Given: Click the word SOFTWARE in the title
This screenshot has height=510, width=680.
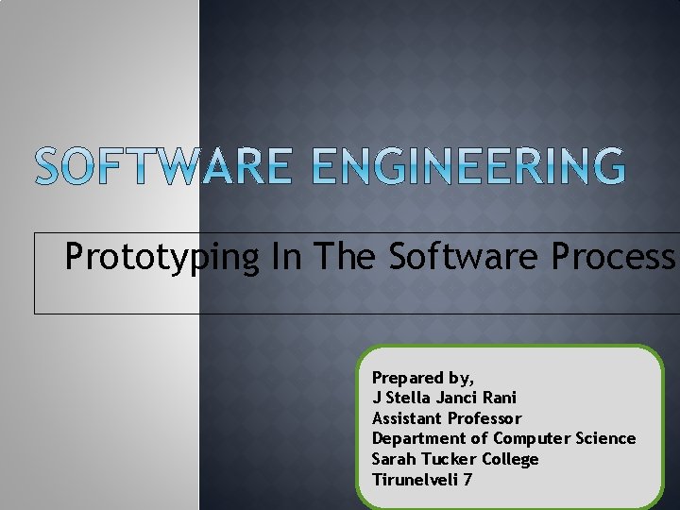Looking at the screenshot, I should (160, 167).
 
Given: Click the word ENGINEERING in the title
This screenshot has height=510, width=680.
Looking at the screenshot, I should (468, 167).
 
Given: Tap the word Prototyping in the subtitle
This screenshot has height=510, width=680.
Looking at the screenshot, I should (161, 257).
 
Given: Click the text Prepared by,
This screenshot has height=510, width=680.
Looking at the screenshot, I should (423, 378).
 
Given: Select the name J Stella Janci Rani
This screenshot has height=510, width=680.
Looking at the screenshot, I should (444, 398).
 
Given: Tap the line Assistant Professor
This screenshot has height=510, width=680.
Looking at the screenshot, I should (447, 418).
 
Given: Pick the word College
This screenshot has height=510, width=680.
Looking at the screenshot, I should (510, 460).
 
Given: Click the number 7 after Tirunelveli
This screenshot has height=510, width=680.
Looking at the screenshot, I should (467, 480).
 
